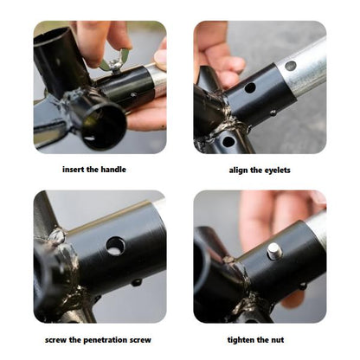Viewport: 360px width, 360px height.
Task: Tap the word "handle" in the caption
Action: [114, 170]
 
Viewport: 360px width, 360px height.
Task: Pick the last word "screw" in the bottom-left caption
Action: [140, 340]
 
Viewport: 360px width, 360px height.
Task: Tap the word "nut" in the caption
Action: [277, 340]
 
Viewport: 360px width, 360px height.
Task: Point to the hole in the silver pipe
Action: [291, 66]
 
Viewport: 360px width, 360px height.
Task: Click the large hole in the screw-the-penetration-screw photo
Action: [115, 246]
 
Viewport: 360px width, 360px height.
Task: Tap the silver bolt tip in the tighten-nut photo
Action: [274, 251]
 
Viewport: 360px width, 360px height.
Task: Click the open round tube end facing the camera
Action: [101, 126]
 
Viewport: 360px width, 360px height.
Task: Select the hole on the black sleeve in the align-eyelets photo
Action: [250, 87]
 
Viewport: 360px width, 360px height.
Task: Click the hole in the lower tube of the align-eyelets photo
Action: [228, 142]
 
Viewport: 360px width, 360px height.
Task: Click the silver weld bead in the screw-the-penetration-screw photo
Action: [59, 236]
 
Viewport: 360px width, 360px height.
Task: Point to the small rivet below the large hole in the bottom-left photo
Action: [137, 282]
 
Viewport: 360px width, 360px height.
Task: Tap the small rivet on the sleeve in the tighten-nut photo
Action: [303, 286]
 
